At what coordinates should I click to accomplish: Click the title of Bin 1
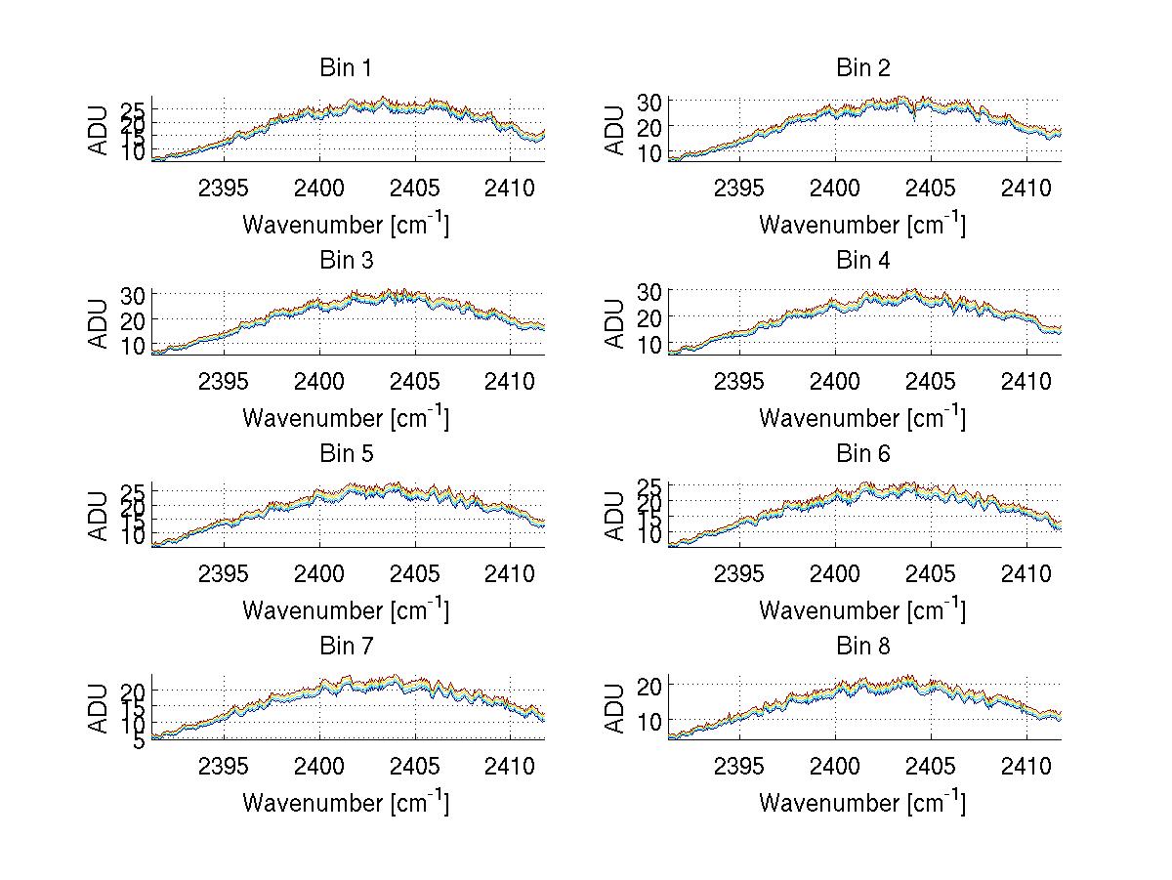(346, 67)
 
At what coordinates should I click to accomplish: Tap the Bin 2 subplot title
(862, 67)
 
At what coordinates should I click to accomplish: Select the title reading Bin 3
(346, 260)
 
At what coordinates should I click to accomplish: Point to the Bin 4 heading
(862, 260)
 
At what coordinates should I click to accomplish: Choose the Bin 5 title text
(346, 453)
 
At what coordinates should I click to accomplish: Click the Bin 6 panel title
(862, 453)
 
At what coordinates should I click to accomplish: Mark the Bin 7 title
(346, 646)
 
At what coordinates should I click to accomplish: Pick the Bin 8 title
(862, 646)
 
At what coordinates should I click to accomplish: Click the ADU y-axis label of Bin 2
(615, 130)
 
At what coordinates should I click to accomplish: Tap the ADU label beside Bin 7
(99, 708)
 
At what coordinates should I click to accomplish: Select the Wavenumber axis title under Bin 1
(346, 225)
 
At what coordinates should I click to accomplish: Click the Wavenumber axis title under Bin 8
(862, 803)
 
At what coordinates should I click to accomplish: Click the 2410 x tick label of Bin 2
(1025, 187)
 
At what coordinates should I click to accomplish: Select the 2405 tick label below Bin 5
(415, 572)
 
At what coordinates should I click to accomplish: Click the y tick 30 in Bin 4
(650, 290)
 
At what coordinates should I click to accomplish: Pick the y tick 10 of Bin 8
(650, 720)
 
